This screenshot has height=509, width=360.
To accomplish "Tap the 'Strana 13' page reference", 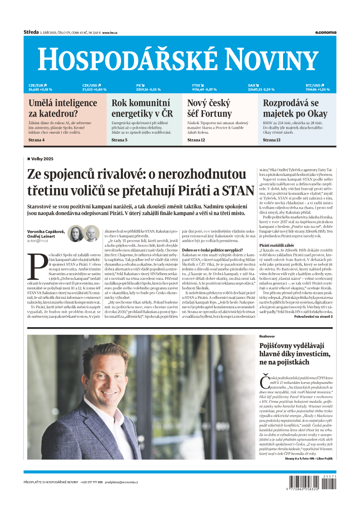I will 272,140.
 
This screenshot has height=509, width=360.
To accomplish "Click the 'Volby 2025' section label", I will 42,159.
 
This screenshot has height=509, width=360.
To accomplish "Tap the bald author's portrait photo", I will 92,233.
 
